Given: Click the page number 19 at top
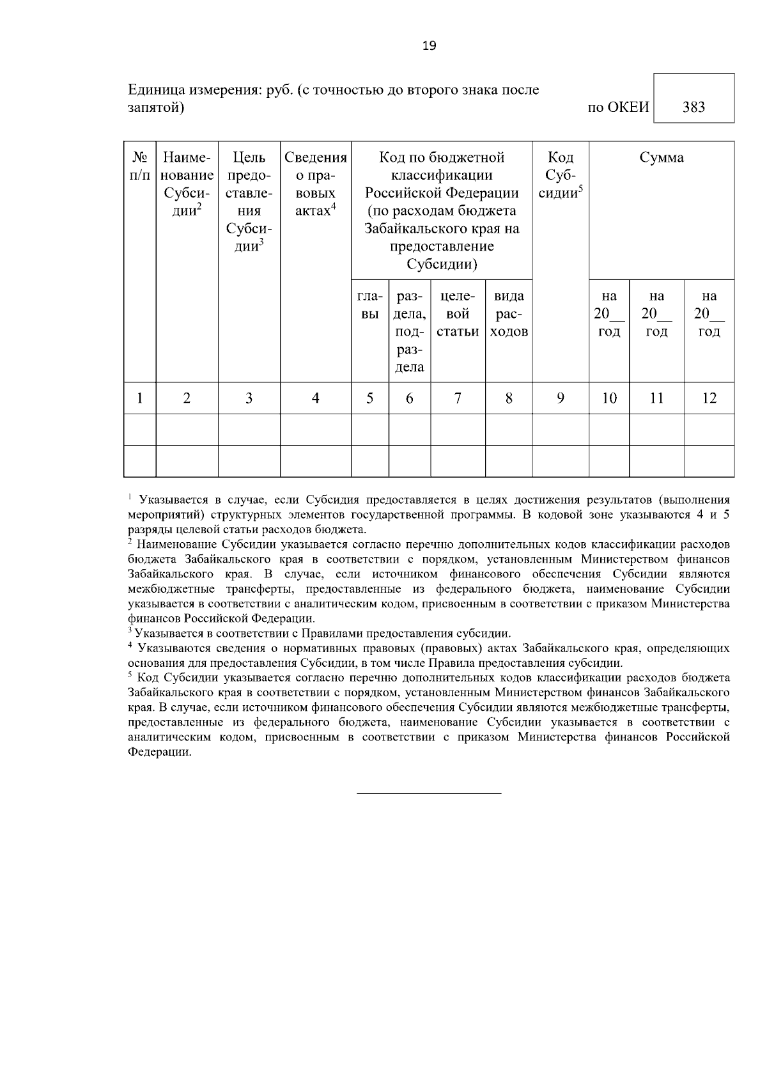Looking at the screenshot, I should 429,45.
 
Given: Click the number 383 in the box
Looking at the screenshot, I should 693,107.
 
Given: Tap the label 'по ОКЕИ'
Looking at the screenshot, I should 617,107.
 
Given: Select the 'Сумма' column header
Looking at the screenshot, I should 662,158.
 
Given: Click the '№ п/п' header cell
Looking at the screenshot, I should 139,166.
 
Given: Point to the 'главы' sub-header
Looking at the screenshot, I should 369,305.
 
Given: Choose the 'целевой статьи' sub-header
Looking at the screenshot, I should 458,314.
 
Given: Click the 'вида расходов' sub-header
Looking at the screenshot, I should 509,314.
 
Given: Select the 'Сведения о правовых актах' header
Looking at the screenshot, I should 315,184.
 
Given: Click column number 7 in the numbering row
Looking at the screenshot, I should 458,398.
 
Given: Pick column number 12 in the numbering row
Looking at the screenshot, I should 709,398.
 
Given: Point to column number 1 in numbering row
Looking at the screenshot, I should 139,398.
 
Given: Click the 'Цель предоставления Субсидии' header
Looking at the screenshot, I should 249,202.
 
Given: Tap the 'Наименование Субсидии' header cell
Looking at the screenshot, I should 187,184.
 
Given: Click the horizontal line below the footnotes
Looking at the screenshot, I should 428,793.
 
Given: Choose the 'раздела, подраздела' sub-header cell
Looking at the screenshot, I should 409,331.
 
